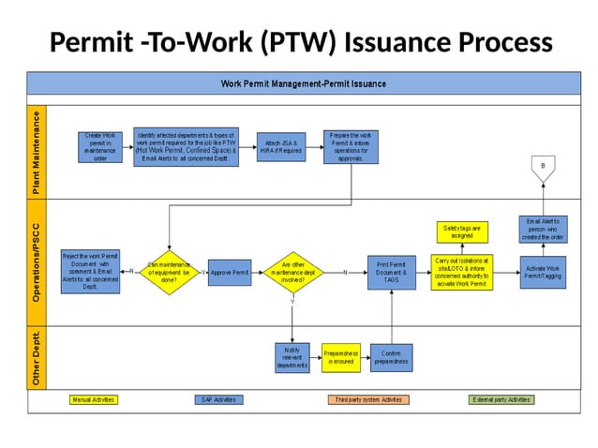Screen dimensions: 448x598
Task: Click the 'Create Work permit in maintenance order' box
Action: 100,146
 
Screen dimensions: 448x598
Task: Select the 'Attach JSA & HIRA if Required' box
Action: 281,146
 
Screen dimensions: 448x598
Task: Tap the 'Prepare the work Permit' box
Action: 351,146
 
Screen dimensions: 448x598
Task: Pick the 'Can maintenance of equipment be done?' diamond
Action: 170,272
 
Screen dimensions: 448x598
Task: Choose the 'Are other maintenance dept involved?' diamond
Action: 292,272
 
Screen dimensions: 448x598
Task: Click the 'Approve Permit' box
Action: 230,272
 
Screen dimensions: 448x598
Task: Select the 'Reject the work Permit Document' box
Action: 90,271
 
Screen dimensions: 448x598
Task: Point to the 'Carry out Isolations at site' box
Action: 461,272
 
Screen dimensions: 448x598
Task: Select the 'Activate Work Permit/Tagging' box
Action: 543,272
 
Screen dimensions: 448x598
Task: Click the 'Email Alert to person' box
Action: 543,230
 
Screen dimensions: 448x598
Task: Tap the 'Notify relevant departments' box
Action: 292,357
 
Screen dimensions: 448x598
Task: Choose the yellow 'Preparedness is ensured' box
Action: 341,357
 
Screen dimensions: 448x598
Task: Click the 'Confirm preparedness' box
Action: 391,357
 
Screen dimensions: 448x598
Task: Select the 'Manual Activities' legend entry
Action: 94,399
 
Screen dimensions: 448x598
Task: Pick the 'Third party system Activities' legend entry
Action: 368,399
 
